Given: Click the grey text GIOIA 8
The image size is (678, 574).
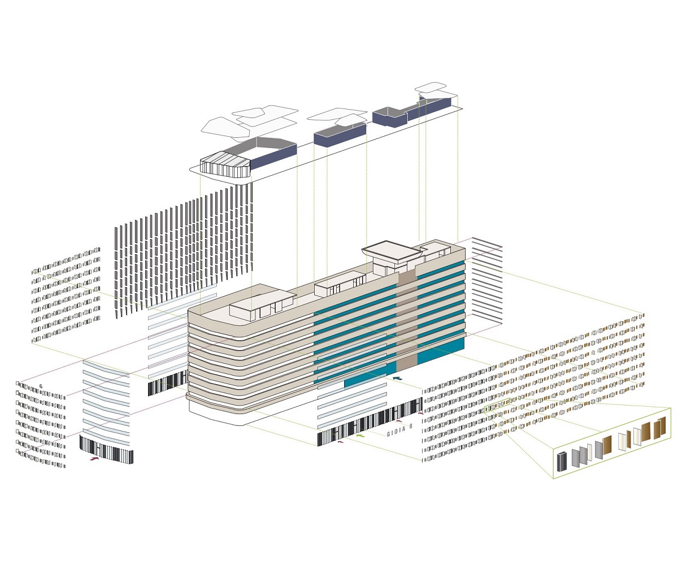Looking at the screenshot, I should (399, 430).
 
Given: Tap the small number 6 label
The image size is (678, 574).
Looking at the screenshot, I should (41, 386).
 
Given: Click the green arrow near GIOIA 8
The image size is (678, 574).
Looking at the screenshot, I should (360, 436).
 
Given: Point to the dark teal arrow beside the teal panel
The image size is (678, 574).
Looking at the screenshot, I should (397, 378).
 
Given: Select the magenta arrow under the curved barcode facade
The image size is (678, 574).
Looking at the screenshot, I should (94, 459).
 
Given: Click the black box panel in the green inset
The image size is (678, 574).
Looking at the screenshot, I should (563, 462).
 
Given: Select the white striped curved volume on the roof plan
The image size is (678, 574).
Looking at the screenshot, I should (224, 165).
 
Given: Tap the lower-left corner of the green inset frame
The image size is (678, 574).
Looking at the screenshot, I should (553, 479).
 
